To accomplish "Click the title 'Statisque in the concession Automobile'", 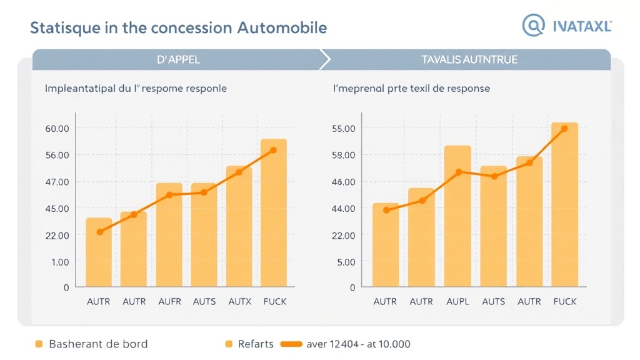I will pyautogui.click(x=178, y=28).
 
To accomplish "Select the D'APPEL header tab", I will pyautogui.click(x=179, y=60).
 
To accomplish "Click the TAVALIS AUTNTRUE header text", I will pyautogui.click(x=469, y=60).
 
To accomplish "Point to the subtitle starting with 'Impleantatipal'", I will pyautogui.click(x=136, y=89).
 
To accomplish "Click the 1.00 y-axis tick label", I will pyautogui.click(x=57, y=262).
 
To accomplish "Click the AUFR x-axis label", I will pyautogui.click(x=169, y=301).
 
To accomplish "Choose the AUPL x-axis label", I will pyautogui.click(x=457, y=301).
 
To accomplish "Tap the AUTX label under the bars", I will pyautogui.click(x=239, y=301).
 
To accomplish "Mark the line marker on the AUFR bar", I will pyautogui.click(x=169, y=195).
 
